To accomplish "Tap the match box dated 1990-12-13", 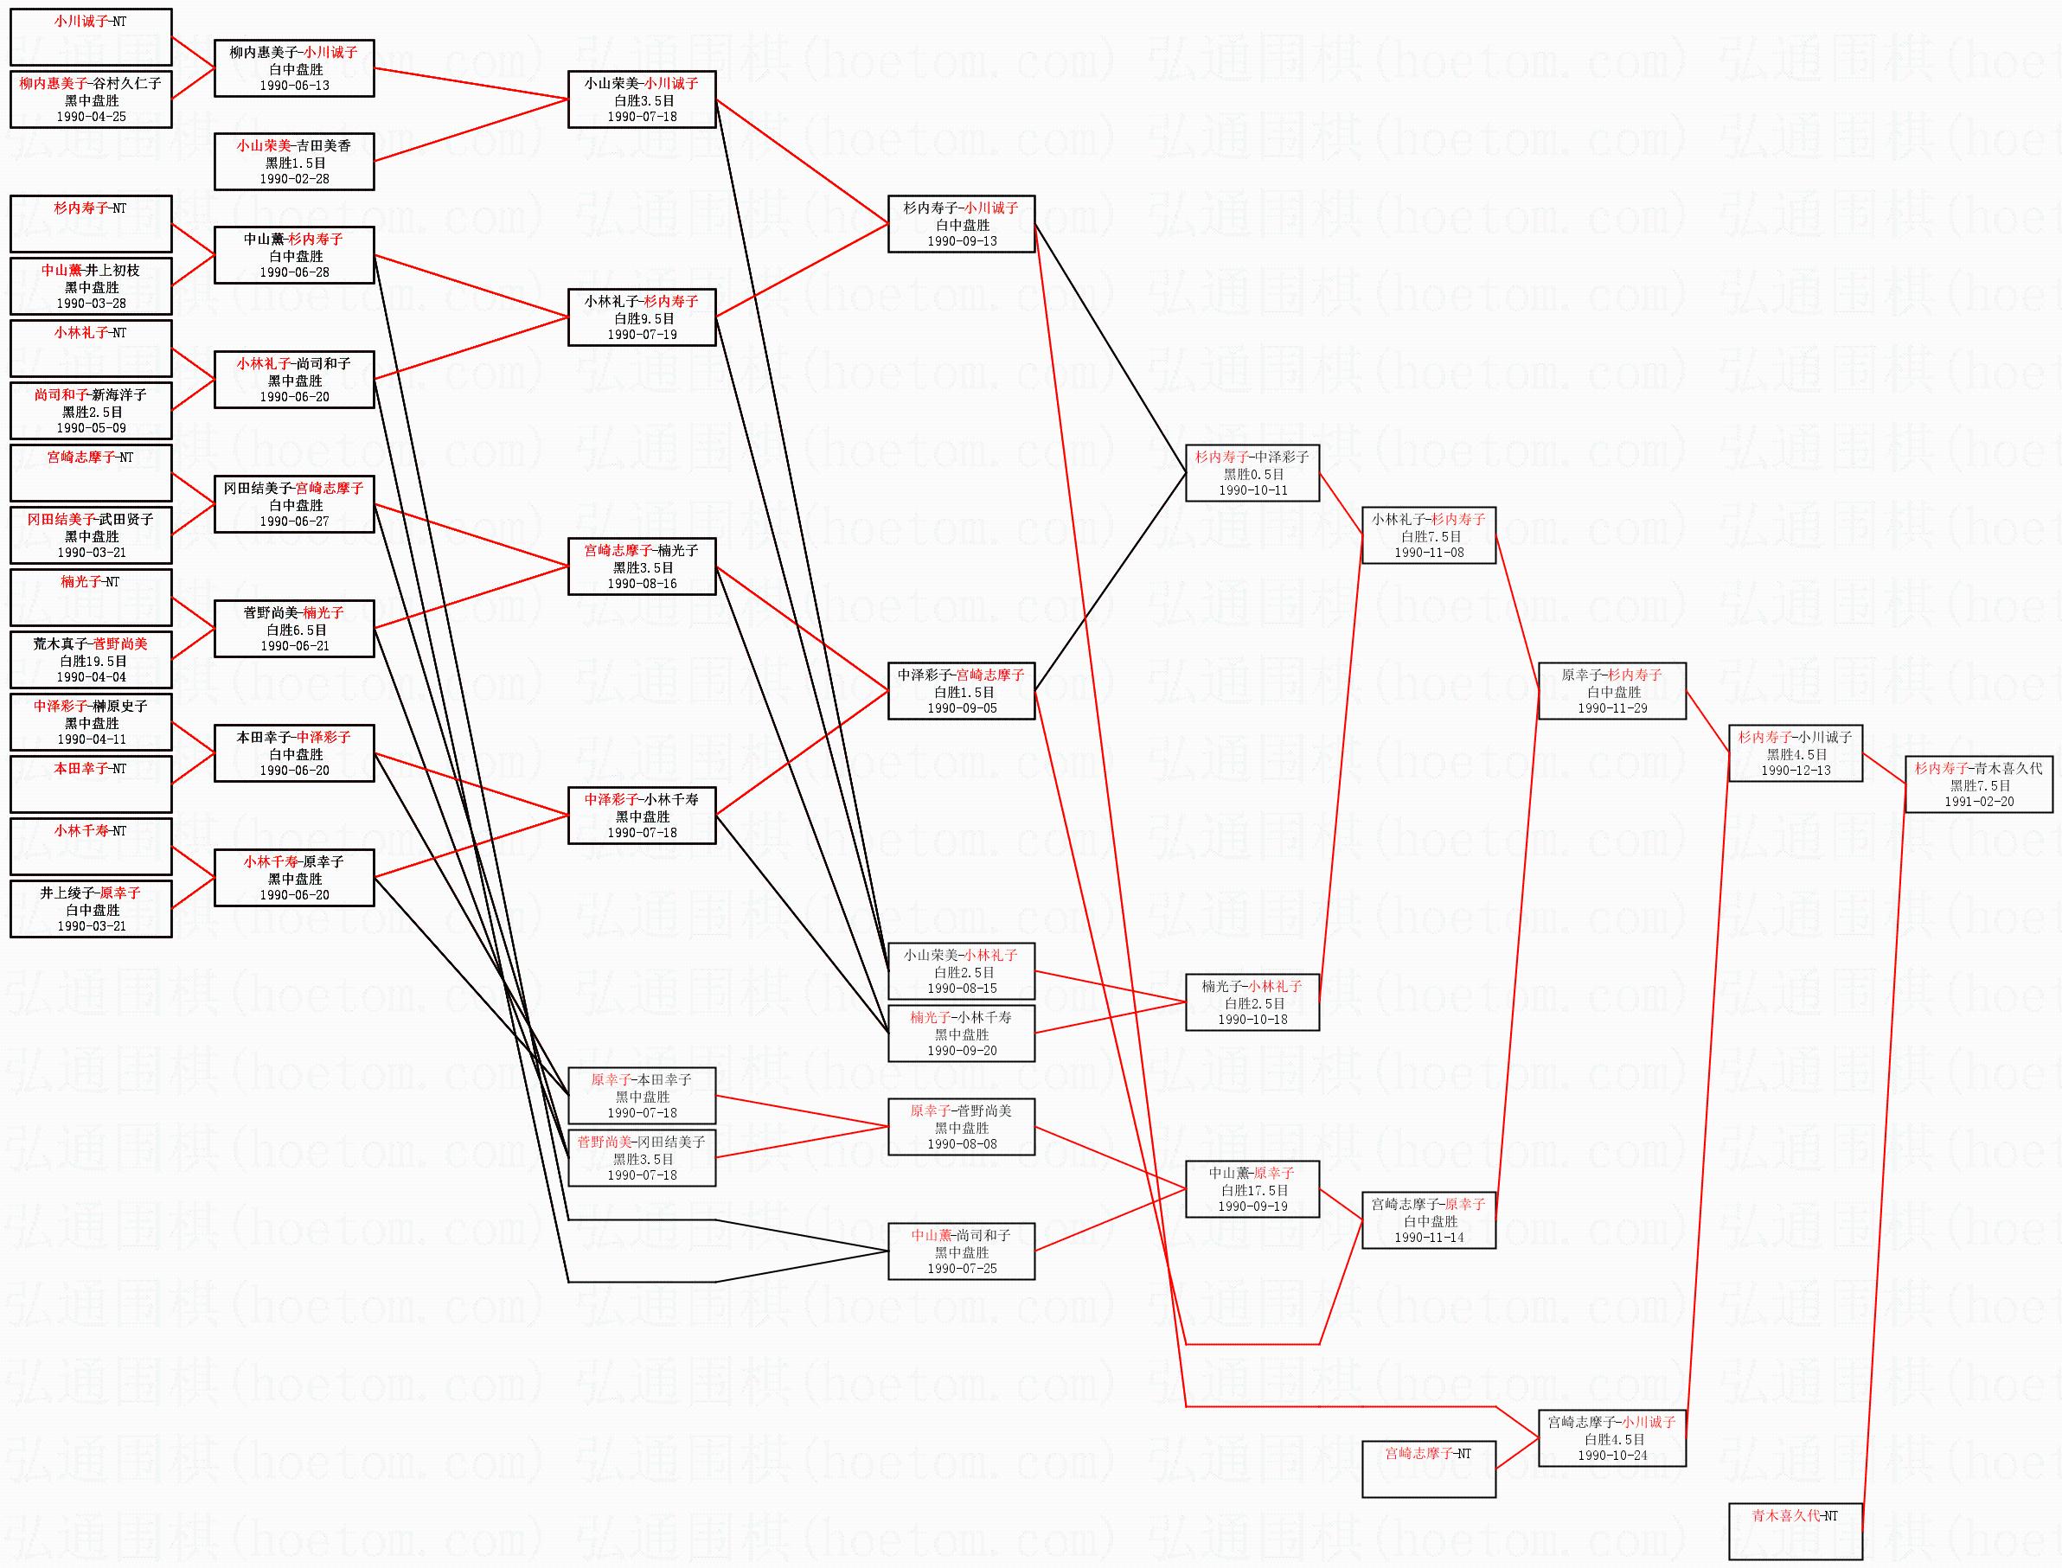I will (1795, 753).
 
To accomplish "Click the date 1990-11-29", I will (1612, 708).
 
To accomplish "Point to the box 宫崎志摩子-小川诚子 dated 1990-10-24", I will (1611, 1438).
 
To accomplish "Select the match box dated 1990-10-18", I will (1252, 1002).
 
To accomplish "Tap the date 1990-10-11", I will (1252, 490).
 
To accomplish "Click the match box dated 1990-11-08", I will (1428, 535).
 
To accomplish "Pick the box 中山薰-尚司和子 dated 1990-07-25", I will (961, 1251).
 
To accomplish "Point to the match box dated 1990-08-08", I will (961, 1127).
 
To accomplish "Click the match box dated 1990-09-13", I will (961, 224).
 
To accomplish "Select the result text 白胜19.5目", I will (91, 661).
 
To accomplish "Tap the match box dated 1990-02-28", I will (294, 162).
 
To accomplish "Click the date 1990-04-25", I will (91, 117).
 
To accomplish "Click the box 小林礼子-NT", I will (91, 349).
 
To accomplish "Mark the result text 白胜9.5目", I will (644, 318).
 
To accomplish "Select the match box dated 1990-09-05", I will (961, 692).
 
